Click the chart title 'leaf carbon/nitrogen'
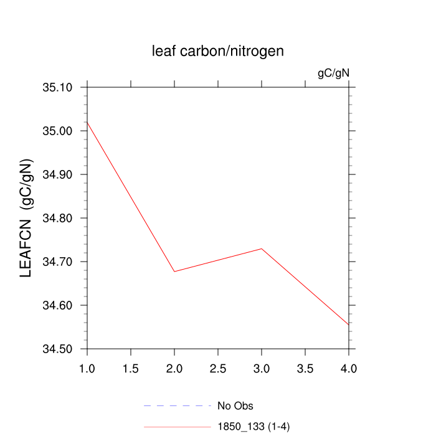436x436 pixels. (x=218, y=51)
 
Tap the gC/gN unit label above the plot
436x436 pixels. (x=333, y=73)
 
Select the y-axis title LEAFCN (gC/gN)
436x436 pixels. (x=26, y=218)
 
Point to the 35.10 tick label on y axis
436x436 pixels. (x=58, y=87)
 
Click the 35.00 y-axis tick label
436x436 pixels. (x=58, y=131)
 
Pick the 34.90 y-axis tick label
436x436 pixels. (x=58, y=174)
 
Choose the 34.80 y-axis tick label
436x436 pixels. (x=58, y=218)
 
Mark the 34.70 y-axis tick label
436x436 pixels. (x=58, y=262)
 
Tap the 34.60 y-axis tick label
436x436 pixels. (x=58, y=305)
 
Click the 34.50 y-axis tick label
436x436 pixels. (x=58, y=349)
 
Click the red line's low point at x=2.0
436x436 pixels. (x=174, y=271)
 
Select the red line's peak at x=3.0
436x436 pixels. (x=262, y=249)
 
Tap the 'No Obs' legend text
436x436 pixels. (x=235, y=406)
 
